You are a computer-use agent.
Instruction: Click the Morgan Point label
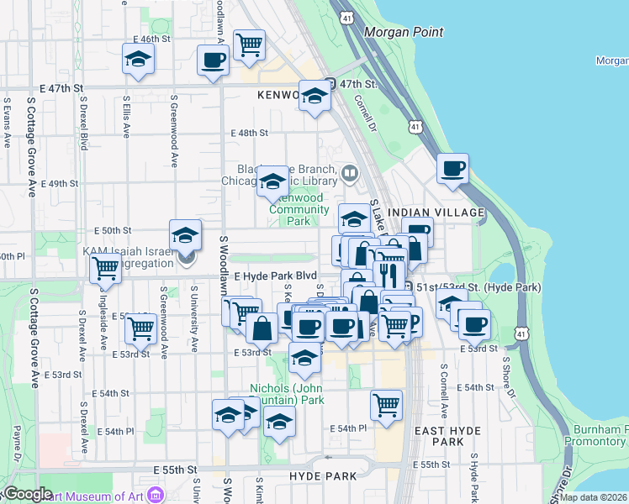[x=404, y=32]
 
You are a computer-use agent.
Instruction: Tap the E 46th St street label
[x=152, y=39]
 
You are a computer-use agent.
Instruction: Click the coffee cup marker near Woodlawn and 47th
[x=213, y=60]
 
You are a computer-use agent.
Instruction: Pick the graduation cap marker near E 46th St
[x=138, y=60]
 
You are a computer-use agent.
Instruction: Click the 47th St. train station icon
[x=330, y=84]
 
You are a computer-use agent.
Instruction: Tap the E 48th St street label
[x=249, y=133]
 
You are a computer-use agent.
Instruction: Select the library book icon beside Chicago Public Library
[x=349, y=174]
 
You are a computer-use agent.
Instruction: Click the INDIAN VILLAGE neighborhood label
[x=437, y=213]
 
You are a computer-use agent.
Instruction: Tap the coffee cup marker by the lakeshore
[x=452, y=168]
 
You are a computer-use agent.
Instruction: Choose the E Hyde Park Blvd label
[x=275, y=276]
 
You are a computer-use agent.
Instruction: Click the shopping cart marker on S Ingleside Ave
[x=105, y=269]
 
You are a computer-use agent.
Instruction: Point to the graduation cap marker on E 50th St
[x=185, y=234]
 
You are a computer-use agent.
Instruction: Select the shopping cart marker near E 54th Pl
[x=386, y=405]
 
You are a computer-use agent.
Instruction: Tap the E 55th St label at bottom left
[x=175, y=470]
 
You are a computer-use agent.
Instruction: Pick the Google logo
[x=27, y=494]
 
